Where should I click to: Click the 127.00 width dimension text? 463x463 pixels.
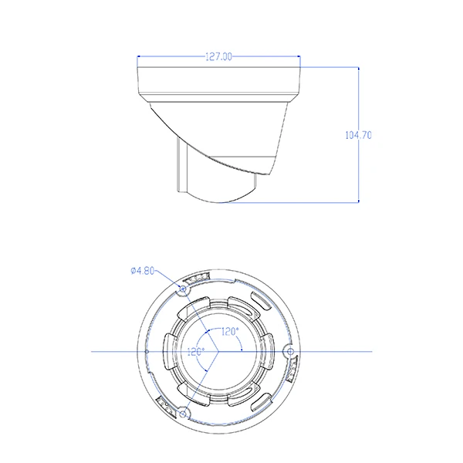tap(218, 56)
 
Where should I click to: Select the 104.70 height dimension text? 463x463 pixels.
tap(358, 134)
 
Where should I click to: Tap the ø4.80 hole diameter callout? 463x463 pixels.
tap(143, 270)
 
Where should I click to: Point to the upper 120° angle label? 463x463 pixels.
tap(229, 331)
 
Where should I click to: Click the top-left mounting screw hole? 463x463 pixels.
tap(183, 289)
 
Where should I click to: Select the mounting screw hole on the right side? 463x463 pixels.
tap(290, 351)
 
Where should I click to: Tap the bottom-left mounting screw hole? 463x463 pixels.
tap(184, 413)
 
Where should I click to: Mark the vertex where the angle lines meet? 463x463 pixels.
tap(219, 351)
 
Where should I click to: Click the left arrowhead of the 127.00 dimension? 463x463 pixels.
tap(140, 56)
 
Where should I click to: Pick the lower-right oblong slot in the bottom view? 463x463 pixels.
tap(261, 399)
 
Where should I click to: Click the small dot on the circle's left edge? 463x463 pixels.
tap(147, 351)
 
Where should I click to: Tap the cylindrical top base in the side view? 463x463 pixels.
tap(218, 81)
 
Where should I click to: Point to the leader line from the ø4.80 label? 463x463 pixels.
tap(168, 279)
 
